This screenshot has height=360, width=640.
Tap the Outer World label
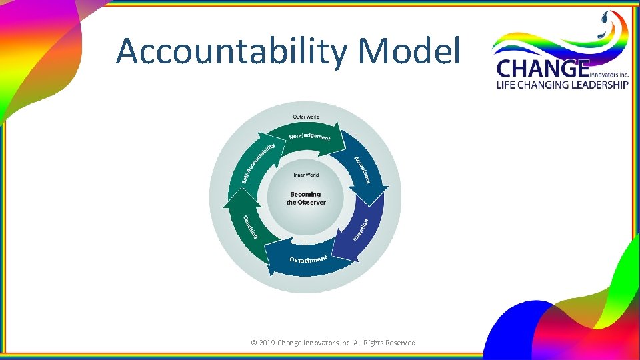click(x=306, y=117)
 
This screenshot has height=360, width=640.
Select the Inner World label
click(x=306, y=175)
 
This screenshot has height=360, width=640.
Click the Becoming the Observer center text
click(x=306, y=199)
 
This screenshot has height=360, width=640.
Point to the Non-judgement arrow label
click(x=309, y=137)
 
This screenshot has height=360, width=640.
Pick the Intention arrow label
click(x=360, y=230)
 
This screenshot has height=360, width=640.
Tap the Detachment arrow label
click(x=308, y=259)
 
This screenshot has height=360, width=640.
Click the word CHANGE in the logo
click(x=543, y=69)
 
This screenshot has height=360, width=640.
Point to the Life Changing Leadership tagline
click(x=562, y=85)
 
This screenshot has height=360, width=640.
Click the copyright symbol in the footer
click(x=253, y=343)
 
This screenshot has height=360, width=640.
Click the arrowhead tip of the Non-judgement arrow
click(x=346, y=141)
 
